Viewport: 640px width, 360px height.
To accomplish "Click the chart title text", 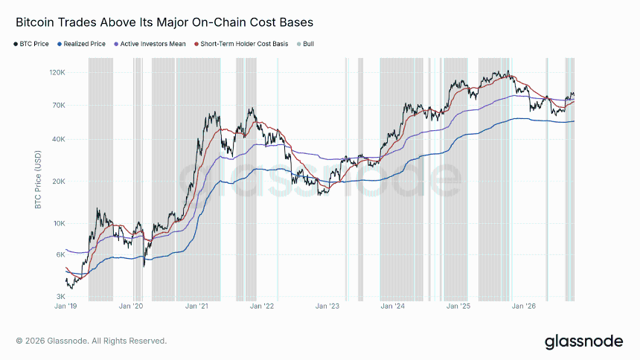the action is (164, 22).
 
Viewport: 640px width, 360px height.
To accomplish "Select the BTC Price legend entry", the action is (31, 44).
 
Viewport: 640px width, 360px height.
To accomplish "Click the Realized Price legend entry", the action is (81, 44).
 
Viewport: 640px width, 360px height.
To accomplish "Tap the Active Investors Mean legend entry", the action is (150, 44).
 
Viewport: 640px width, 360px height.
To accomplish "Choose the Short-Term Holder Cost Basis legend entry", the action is (241, 44).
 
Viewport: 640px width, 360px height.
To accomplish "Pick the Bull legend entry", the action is (305, 44).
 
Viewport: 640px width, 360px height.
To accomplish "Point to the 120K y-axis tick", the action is (57, 73).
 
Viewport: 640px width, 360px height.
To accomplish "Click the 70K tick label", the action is (59, 106).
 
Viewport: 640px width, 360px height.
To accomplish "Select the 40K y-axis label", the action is (59, 139).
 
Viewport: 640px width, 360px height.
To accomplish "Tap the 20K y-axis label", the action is (59, 181).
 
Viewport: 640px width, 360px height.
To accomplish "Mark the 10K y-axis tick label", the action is (60, 223).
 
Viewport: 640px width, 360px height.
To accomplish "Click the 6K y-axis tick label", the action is (60, 254).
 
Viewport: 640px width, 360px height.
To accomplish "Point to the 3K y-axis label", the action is (60, 296).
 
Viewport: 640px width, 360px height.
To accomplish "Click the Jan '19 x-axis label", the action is (65, 306).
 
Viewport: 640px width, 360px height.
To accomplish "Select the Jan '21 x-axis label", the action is (196, 306).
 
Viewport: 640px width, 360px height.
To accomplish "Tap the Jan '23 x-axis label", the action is (327, 306).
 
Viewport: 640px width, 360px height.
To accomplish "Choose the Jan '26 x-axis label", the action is (524, 306).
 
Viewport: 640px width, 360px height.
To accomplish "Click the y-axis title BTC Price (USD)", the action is (39, 179).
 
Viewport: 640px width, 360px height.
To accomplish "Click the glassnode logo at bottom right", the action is (583, 341).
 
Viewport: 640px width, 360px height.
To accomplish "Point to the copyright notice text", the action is (92, 341).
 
